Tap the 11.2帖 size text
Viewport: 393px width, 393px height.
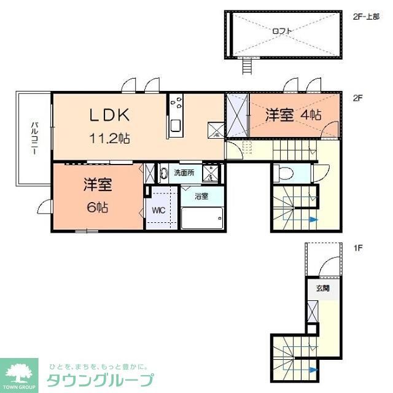[111, 138]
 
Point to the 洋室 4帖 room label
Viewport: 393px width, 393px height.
[294, 114]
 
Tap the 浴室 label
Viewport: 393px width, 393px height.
[201, 197]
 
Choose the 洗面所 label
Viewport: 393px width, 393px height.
[184, 173]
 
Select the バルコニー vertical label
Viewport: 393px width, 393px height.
[33, 138]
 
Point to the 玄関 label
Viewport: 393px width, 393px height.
[323, 287]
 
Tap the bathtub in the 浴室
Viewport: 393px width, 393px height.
[201, 217]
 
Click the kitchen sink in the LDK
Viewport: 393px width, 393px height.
[175, 126]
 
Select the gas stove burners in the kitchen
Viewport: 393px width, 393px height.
[177, 100]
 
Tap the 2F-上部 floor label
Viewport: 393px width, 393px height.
[367, 17]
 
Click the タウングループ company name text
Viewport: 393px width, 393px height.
[100, 379]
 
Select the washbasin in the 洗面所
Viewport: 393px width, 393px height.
[163, 173]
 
